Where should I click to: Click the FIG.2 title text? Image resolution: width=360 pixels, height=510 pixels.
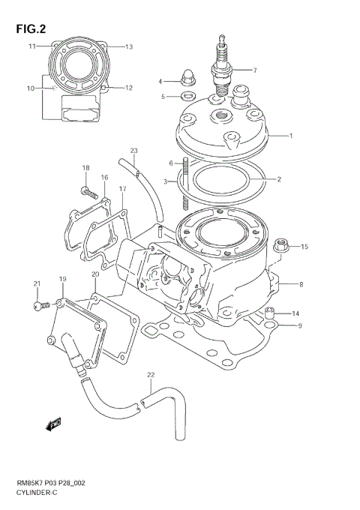[x=28, y=30]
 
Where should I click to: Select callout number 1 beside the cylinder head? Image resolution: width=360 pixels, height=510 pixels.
[x=291, y=136]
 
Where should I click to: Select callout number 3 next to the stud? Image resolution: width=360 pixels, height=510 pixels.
[x=166, y=181]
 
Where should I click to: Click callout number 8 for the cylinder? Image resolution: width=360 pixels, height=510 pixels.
[x=300, y=284]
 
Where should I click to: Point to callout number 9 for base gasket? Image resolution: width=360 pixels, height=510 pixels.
[x=300, y=325]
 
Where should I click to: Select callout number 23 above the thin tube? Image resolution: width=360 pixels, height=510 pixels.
[x=134, y=150]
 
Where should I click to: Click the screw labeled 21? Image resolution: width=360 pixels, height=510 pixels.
[x=37, y=305]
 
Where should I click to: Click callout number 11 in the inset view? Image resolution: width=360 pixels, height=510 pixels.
[x=32, y=46]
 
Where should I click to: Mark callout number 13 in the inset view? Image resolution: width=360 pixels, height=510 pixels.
[x=128, y=46]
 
